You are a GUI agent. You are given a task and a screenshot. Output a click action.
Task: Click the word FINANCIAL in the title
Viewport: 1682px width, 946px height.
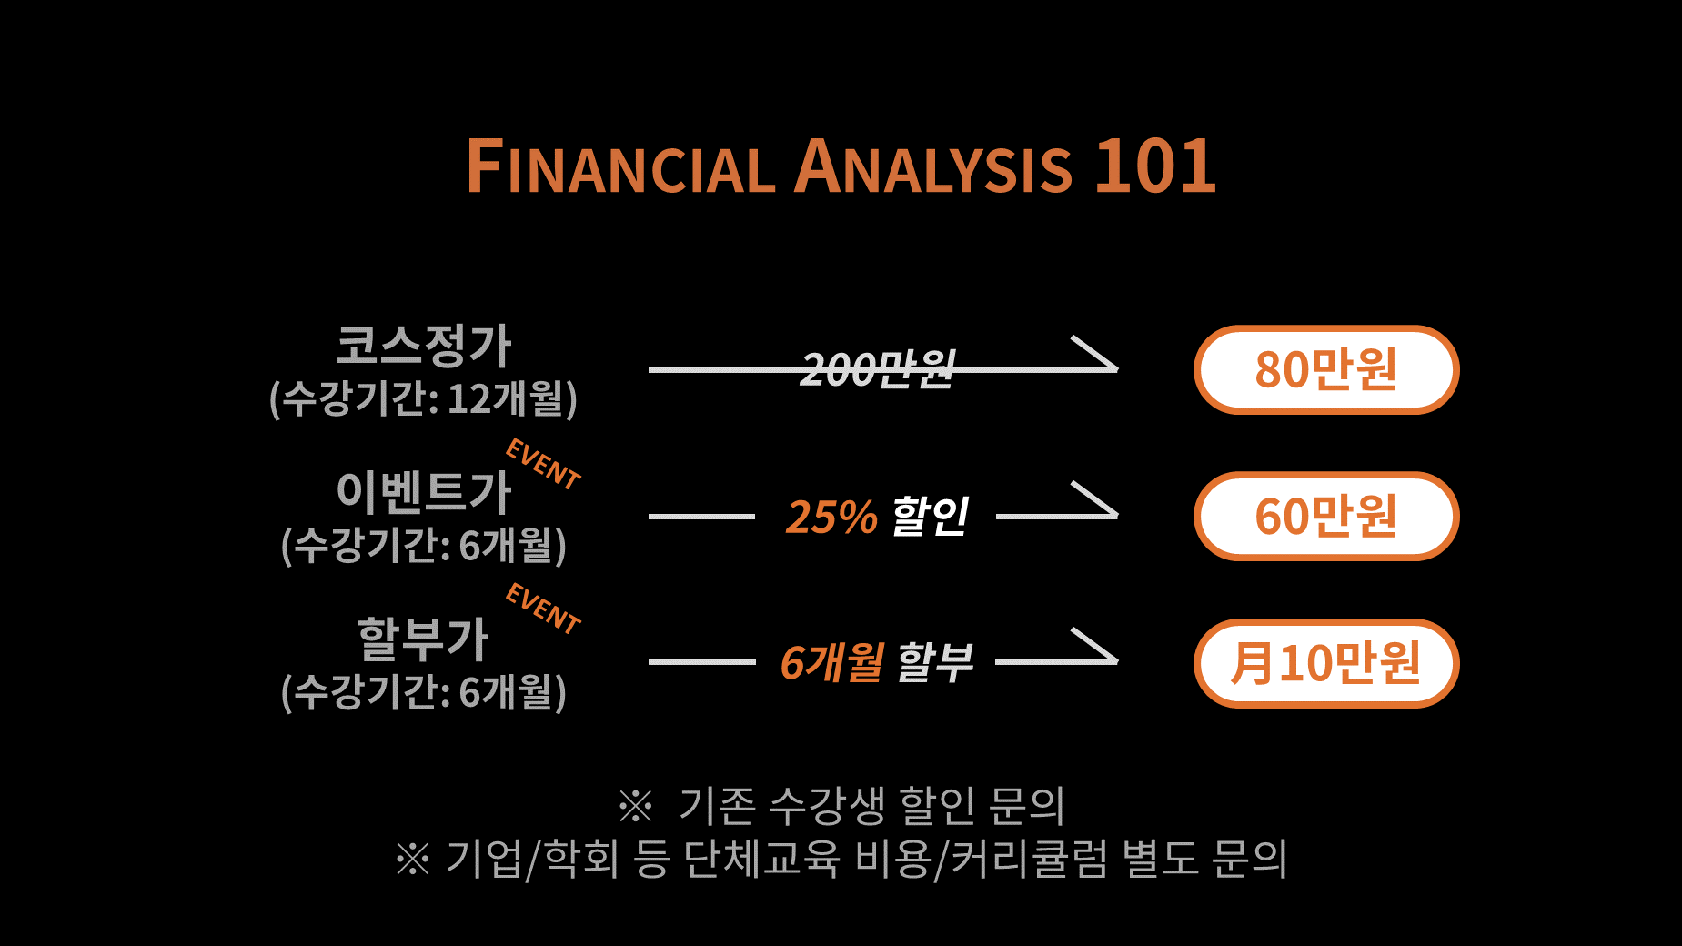[620, 166]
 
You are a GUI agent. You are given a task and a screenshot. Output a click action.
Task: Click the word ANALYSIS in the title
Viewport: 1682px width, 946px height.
[933, 166]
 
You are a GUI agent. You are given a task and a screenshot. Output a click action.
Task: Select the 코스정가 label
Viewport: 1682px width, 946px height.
[424, 346]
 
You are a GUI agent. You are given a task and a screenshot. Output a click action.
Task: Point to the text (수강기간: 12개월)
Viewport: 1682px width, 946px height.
[424, 398]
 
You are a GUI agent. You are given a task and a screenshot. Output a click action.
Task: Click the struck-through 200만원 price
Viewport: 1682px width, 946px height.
[878, 369]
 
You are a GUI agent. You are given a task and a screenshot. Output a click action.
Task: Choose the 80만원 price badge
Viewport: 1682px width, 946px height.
[1326, 369]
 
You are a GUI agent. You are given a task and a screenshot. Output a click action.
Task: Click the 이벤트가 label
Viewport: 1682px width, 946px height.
[424, 491]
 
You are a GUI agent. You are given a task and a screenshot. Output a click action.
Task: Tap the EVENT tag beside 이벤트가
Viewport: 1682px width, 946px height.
[543, 464]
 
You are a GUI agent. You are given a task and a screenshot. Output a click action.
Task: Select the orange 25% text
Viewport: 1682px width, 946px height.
[831, 517]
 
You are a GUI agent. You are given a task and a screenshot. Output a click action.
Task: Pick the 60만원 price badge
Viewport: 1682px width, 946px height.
[1326, 516]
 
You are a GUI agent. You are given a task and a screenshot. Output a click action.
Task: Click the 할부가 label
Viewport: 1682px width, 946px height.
[424, 638]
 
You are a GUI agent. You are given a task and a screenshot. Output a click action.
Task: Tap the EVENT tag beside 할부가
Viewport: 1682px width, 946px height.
[543, 609]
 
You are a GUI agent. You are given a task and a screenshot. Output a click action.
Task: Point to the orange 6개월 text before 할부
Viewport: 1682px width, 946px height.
[831, 662]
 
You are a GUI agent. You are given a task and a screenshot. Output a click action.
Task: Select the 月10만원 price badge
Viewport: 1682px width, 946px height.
[1326, 663]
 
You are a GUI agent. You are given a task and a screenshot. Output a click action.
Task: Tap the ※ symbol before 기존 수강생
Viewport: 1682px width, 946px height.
[635, 805]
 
